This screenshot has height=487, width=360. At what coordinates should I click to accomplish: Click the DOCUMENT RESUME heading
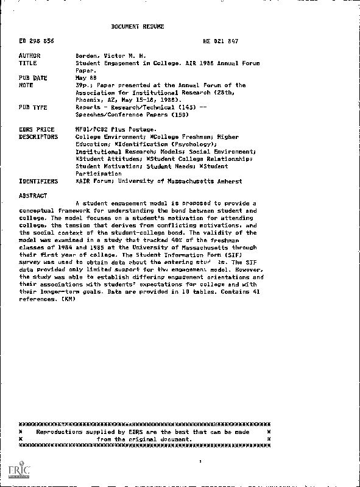138,27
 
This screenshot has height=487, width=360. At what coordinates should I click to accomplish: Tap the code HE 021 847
220,41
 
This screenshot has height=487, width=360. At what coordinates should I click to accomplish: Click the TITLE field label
27,63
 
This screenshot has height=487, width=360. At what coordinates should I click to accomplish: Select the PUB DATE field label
33,78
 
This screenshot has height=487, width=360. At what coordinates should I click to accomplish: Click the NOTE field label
26,85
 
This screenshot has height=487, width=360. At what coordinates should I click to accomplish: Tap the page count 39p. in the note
83,85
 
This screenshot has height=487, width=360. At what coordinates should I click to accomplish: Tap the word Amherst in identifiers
229,181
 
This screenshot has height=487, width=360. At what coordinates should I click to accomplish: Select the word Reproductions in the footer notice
64,432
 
